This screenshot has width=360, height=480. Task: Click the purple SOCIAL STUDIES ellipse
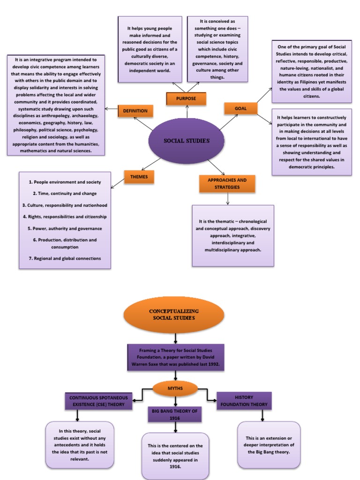pyautogui.click(x=186, y=141)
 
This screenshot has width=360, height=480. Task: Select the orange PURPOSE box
pyautogui.click(x=186, y=98)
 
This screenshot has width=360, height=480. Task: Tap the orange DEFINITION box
pyautogui.click(x=135, y=111)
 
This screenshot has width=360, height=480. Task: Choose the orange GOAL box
pyautogui.click(x=240, y=108)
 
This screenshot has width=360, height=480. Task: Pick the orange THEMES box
pyautogui.click(x=139, y=177)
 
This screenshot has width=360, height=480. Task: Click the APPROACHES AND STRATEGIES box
pyautogui.click(x=227, y=184)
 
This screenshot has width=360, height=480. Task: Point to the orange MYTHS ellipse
pyautogui.click(x=175, y=388)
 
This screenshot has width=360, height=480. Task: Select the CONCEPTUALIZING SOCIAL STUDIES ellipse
pyautogui.click(x=174, y=315)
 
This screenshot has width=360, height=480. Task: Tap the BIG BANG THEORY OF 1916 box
pyautogui.click(x=175, y=414)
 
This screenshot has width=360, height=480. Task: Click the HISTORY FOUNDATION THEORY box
pyautogui.click(x=244, y=401)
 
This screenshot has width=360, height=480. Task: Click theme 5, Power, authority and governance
pyautogui.click(x=65, y=229)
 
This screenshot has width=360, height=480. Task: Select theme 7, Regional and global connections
pyautogui.click(x=65, y=258)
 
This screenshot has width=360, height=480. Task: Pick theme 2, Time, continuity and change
pyautogui.click(x=65, y=193)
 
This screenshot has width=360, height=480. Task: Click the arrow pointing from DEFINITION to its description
pyautogui.click(x=111, y=109)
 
